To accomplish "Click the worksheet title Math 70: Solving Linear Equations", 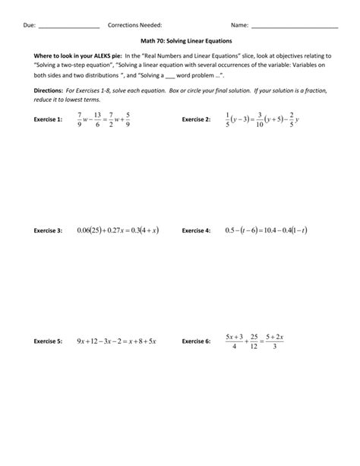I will pos(180,40).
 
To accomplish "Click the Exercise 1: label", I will pos(49,120).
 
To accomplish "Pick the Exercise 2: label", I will pos(196,120).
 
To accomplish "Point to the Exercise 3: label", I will pos(49,230).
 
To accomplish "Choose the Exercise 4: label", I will pos(196,230).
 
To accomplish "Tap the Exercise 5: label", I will pos(49,342).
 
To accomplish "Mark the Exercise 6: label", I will pos(196,342).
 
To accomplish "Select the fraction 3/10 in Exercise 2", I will pos(259,119).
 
